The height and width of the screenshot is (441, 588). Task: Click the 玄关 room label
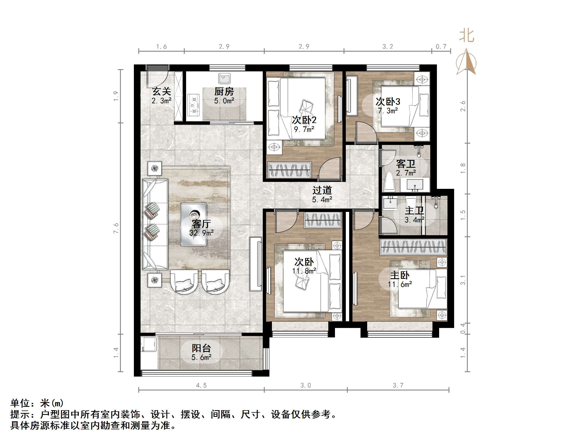tap(161, 91)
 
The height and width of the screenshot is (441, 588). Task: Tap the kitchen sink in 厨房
tap(224, 79)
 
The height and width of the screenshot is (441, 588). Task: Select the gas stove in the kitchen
tap(194, 105)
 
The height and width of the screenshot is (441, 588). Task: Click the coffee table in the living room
tap(194, 224)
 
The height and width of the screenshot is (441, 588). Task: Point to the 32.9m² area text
tap(201, 233)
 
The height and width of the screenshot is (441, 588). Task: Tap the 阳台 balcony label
tap(201, 348)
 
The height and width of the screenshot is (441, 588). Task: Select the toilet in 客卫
tap(389, 182)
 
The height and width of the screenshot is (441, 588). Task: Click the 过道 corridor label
tap(322, 191)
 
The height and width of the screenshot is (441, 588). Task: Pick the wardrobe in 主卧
tap(413, 246)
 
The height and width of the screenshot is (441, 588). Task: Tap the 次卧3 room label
tap(388, 102)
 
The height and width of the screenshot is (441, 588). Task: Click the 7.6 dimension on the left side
tap(116, 228)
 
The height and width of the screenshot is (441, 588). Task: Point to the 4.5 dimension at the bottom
tap(201, 385)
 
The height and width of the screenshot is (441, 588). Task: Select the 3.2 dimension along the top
tap(387, 47)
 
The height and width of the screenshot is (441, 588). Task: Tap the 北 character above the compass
tap(466, 36)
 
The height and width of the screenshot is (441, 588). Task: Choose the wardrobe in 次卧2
tap(289, 170)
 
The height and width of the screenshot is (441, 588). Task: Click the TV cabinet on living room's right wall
tap(256, 264)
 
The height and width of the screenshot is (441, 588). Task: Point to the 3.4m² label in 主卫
tap(414, 220)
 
